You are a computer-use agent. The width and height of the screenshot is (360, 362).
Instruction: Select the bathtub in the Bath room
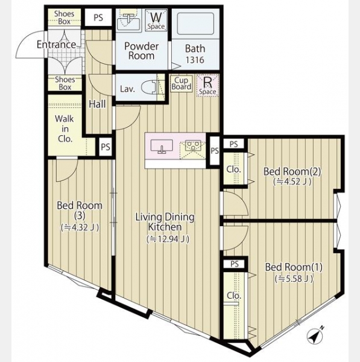pyautogui.click(x=195, y=24)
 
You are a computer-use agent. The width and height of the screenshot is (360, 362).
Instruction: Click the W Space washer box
pyautogui.click(x=156, y=20)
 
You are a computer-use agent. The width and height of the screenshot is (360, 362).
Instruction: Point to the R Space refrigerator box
pyautogui.click(x=207, y=86)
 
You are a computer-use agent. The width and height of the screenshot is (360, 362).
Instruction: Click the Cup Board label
pyautogui.click(x=182, y=84)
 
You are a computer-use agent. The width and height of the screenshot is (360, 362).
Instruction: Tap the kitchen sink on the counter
pyautogui.click(x=162, y=146)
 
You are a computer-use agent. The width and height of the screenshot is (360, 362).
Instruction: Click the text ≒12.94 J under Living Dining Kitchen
pyautogui.click(x=168, y=239)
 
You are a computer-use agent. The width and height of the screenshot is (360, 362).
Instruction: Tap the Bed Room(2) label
pyautogui.click(x=292, y=171)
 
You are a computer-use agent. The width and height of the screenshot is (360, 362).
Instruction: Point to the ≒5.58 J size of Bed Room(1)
pyautogui.click(x=294, y=279)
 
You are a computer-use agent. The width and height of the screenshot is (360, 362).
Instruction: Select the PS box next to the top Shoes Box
pyautogui.click(x=98, y=17)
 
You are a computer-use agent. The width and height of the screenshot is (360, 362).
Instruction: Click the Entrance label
pyautogui.click(x=57, y=45)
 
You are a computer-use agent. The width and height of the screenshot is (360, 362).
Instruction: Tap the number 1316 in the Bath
pyautogui.click(x=195, y=60)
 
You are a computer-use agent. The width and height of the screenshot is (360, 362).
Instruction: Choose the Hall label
pyautogui.click(x=97, y=104)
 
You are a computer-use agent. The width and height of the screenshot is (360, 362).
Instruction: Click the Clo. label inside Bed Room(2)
pyautogui.click(x=233, y=170)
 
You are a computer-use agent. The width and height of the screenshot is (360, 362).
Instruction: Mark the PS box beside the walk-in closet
pyautogui.click(x=106, y=147)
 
